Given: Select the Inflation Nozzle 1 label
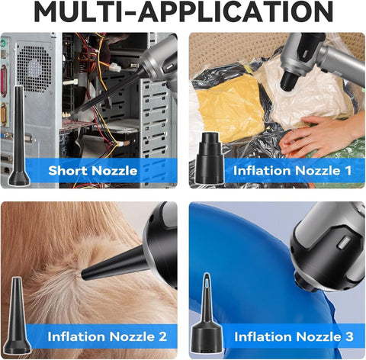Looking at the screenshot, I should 293,171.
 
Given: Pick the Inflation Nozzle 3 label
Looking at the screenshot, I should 293,336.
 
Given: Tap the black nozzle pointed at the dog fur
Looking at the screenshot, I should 114,262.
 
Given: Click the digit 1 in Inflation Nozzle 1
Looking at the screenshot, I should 347,171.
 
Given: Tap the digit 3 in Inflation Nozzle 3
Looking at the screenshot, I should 347,336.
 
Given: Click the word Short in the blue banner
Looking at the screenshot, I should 67,171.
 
